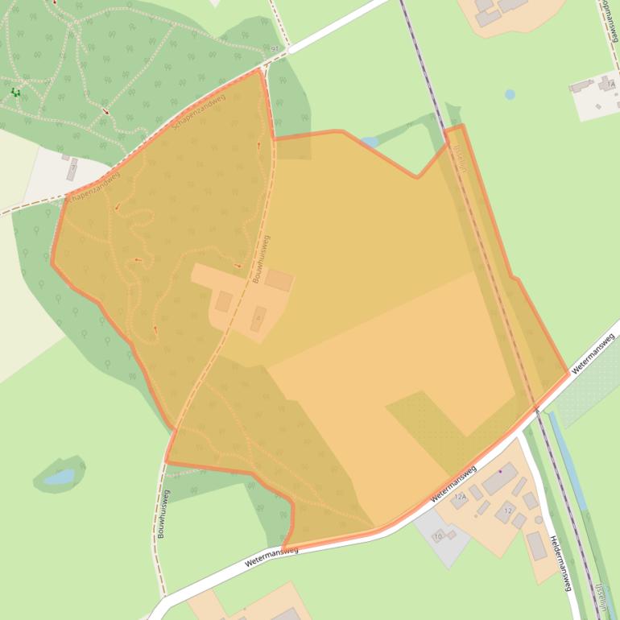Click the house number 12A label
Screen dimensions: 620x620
point(461,498)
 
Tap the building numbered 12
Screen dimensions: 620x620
point(506,511)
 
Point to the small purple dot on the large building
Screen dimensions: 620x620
point(500,471)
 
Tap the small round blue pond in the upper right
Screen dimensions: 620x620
point(510,94)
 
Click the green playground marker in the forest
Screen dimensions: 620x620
point(15,93)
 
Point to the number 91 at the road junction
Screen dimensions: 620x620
point(276,49)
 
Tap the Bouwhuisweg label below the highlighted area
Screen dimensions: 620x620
point(163,515)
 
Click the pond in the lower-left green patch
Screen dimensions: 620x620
point(60,477)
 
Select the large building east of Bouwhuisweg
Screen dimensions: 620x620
point(279,280)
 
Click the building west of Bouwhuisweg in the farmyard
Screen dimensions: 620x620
point(224,302)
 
